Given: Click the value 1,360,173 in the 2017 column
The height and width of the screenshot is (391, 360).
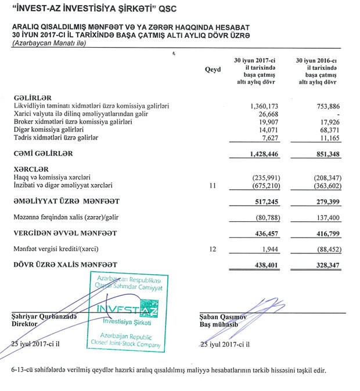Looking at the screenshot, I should (x=259, y=106).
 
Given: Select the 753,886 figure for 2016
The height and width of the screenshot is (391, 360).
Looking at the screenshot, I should (x=325, y=106).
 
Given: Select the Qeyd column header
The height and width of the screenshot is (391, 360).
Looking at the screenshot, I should (x=213, y=70).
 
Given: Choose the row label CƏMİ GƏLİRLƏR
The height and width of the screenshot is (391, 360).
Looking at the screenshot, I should (x=44, y=153).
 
